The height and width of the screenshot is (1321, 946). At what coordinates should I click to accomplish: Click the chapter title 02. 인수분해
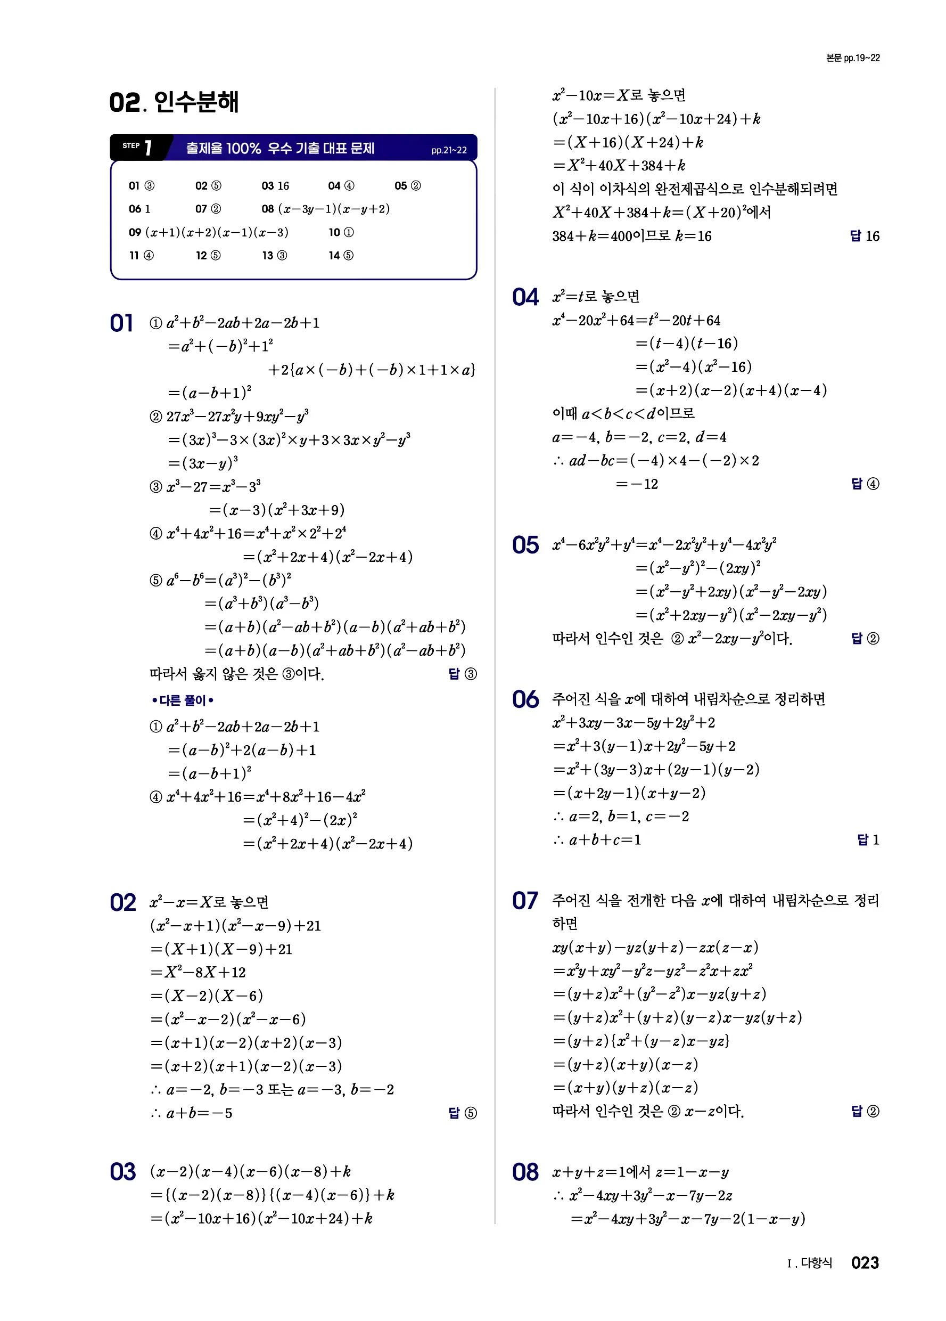pyautogui.click(x=174, y=102)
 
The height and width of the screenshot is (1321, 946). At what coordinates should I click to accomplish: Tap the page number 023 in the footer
pyautogui.click(x=865, y=1262)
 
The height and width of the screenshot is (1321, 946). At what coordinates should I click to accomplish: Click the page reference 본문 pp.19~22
pyautogui.click(x=852, y=58)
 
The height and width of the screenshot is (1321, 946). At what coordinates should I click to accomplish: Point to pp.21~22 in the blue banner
pyautogui.click(x=449, y=150)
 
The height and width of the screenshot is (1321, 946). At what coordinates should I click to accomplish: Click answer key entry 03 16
pyautogui.click(x=275, y=186)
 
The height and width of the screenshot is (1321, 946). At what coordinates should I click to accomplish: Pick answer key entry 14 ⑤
pyautogui.click(x=341, y=255)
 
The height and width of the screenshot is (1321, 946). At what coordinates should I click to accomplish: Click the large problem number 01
pyautogui.click(x=122, y=323)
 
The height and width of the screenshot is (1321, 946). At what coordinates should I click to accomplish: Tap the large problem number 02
pyautogui.click(x=123, y=903)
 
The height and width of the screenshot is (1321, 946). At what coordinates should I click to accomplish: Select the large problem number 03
pyautogui.click(x=123, y=1172)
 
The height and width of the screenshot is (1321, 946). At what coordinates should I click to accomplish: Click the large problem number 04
pyautogui.click(x=525, y=297)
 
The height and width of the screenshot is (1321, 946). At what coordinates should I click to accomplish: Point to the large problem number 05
pyautogui.click(x=525, y=545)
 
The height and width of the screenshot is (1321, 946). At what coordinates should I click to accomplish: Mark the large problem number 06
pyautogui.click(x=525, y=699)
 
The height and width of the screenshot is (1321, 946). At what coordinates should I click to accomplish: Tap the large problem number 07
pyautogui.click(x=525, y=901)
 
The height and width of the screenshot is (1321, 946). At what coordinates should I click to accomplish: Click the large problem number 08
pyautogui.click(x=525, y=1172)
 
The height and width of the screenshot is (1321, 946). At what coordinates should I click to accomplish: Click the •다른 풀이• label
pyautogui.click(x=182, y=700)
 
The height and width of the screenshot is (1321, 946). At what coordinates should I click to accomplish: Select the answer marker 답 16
pyautogui.click(x=865, y=236)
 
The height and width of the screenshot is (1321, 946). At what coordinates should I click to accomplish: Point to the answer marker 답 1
pyautogui.click(x=868, y=839)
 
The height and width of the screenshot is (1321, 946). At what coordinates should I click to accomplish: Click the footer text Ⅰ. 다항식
pyautogui.click(x=809, y=1263)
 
